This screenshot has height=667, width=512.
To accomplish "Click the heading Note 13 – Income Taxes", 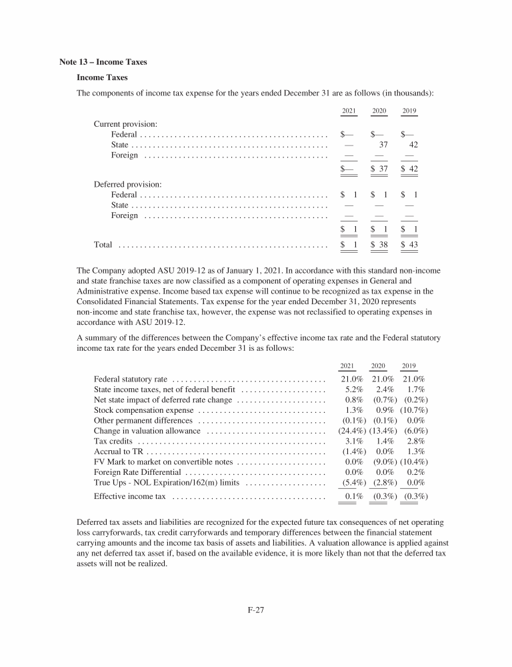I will [103, 62].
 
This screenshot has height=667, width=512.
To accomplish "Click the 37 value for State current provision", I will [383, 143].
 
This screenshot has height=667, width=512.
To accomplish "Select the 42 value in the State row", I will [413, 143].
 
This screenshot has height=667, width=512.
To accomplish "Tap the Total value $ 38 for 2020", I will [379, 245].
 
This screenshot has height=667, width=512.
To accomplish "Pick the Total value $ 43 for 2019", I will [409, 245].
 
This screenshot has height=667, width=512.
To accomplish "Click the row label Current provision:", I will [125, 124].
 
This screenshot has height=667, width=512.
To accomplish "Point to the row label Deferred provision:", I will [128, 183].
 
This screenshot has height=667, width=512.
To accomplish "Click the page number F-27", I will [256, 609].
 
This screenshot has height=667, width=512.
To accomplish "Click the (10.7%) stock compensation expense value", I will [413, 410].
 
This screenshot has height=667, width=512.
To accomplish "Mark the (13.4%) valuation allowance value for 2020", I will [382, 432].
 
